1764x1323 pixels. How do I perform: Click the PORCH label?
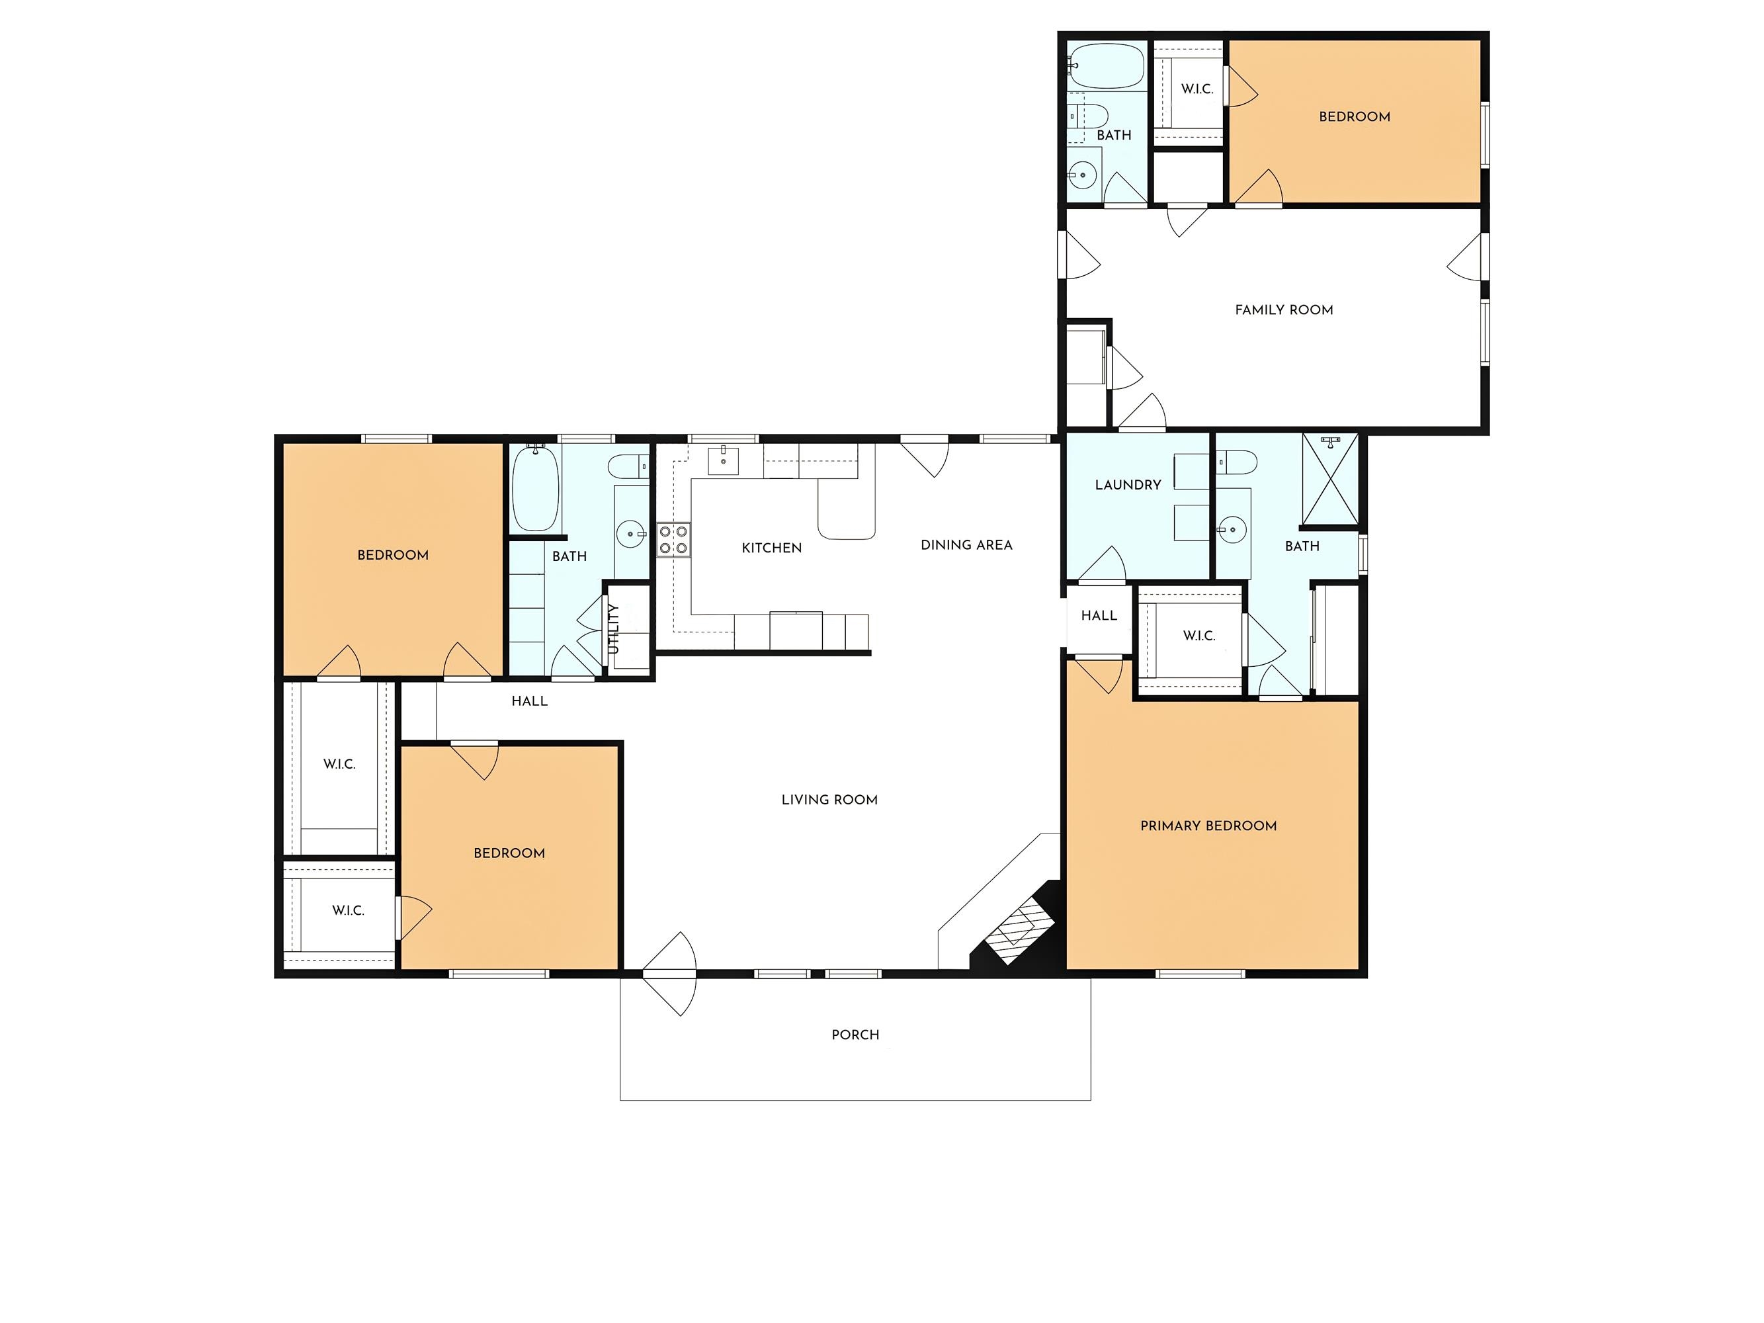tap(855, 1035)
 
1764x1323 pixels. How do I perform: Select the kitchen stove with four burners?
tap(674, 539)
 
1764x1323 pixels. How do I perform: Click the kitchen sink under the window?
tap(724, 460)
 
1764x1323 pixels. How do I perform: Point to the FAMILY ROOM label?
tap(1284, 310)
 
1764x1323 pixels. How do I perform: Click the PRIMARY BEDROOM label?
tap(1208, 826)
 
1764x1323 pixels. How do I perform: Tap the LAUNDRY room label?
tap(1128, 485)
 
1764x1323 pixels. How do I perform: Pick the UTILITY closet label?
tap(613, 629)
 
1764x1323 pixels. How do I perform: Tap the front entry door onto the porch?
tap(670, 974)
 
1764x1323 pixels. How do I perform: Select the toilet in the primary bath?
tap(1237, 462)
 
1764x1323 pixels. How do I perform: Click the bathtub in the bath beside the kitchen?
tap(535, 489)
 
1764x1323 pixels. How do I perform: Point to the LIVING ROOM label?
tap(829, 800)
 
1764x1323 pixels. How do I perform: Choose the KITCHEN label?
tap(772, 548)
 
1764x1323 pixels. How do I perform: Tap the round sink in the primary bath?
tap(1232, 529)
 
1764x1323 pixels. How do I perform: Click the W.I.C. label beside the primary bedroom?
tap(1198, 636)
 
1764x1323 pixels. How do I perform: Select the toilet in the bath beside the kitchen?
tap(628, 466)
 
